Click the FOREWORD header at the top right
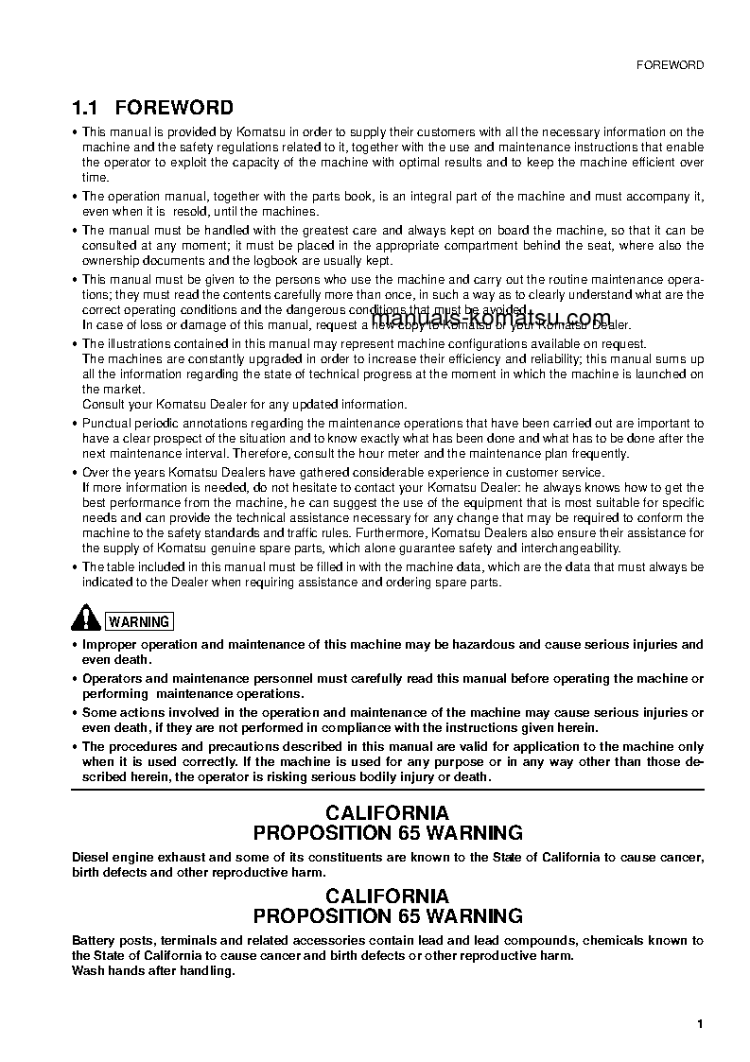point(670,65)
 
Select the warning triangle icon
point(86,619)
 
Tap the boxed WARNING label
point(139,621)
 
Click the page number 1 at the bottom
point(699,1024)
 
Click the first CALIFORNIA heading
point(388,812)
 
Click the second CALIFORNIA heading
point(388,896)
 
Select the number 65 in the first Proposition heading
point(410,833)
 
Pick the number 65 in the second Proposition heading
point(410,916)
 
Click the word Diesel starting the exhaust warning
point(92,857)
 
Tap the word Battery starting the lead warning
point(96,940)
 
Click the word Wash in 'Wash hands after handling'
point(89,970)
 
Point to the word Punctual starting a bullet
point(107,424)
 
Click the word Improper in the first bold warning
point(111,645)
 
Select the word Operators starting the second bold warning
point(114,679)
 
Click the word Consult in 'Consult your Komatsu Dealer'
point(103,404)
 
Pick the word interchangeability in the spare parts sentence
point(567,548)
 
